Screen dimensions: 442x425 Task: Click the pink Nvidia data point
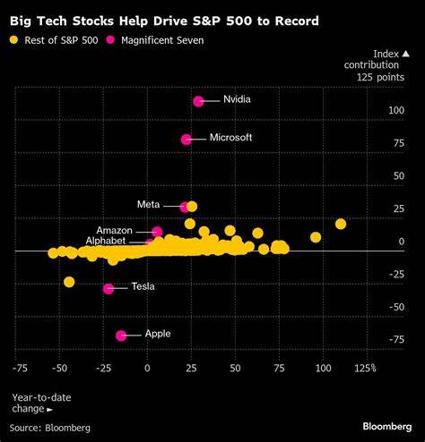(198, 101)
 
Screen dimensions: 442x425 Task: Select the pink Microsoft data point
(186, 139)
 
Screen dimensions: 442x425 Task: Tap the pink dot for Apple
(121, 335)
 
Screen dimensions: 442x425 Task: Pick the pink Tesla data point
(108, 288)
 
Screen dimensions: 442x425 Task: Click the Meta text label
(148, 205)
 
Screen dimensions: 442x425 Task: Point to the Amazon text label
(114, 230)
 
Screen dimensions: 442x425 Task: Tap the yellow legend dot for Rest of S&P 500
(14, 39)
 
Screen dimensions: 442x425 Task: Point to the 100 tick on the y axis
(395, 110)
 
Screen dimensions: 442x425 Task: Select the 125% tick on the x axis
(364, 367)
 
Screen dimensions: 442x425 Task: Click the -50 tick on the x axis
(58, 367)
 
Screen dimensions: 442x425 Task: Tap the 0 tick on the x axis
(148, 367)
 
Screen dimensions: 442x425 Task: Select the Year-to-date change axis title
(41, 402)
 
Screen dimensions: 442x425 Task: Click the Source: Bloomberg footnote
(51, 428)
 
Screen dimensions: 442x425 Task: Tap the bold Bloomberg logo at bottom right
(388, 427)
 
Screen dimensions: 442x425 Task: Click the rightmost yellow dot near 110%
(341, 224)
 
